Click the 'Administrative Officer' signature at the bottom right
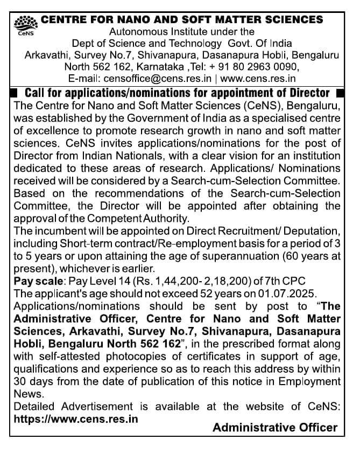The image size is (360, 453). [x=275, y=428]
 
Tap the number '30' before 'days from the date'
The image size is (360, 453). [x=20, y=381]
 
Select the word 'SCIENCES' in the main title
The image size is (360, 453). [x=291, y=20]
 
